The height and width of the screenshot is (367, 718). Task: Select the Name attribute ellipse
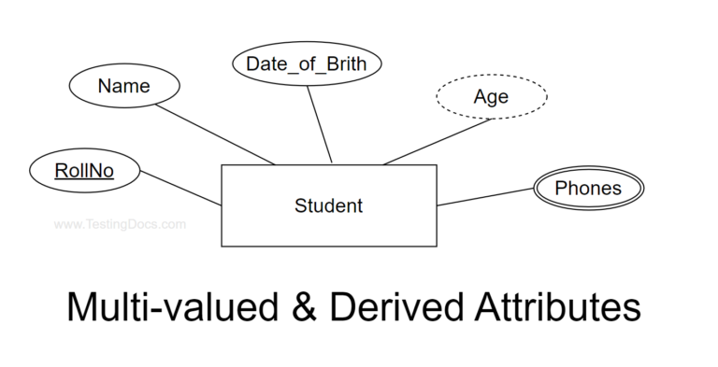pyautogui.click(x=123, y=87)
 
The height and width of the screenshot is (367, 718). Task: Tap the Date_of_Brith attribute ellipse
pyautogui.click(x=306, y=64)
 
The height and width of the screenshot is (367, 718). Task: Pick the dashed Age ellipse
pyautogui.click(x=492, y=96)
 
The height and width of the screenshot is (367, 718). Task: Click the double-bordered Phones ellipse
pyautogui.click(x=588, y=189)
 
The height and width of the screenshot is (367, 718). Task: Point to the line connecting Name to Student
pyautogui.click(x=214, y=132)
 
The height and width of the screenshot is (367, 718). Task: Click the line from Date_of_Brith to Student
pyautogui.click(x=321, y=122)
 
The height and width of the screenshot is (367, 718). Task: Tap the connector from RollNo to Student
pyautogui.click(x=179, y=189)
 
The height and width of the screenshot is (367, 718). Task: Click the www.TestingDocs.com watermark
pyautogui.click(x=120, y=224)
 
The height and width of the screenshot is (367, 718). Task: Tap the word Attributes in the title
pyautogui.click(x=550, y=307)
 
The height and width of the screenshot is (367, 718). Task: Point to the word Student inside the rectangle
pyautogui.click(x=328, y=205)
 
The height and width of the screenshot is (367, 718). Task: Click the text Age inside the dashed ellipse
pyautogui.click(x=492, y=96)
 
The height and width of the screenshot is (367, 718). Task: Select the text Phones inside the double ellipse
pyautogui.click(x=588, y=189)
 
